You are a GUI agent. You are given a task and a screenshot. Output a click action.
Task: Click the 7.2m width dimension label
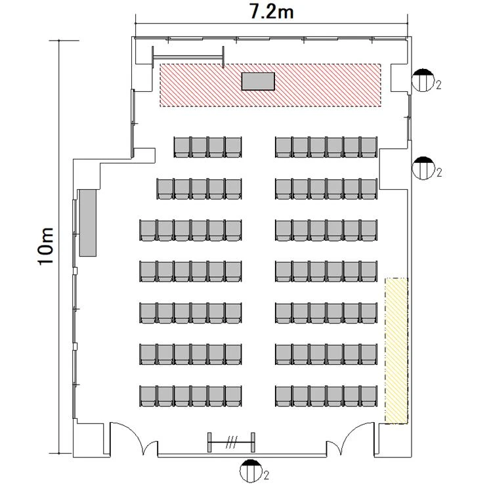click(x=272, y=12)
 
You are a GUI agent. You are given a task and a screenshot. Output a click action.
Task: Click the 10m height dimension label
click(x=46, y=247)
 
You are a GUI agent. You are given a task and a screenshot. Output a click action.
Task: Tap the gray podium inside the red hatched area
click(x=258, y=81)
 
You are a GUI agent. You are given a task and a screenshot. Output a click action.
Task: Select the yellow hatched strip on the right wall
click(x=396, y=351)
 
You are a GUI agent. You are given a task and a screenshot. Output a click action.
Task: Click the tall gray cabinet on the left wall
click(x=88, y=223)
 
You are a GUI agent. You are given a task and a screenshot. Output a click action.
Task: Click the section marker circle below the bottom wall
click(x=251, y=471)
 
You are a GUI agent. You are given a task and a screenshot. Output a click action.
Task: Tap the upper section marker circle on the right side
click(x=423, y=80)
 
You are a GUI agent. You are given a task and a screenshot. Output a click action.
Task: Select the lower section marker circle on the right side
click(x=423, y=168)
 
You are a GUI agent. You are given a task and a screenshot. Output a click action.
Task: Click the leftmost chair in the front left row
click(x=182, y=147)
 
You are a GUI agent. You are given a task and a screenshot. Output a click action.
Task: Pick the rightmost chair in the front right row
click(x=369, y=147)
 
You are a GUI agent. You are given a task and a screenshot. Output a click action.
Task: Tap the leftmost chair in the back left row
click(x=148, y=396)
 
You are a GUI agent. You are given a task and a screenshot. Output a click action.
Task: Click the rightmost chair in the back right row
click(x=369, y=396)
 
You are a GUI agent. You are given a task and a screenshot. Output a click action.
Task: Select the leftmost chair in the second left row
click(x=165, y=189)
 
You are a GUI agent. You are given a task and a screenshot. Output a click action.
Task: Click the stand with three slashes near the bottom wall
click(x=231, y=442)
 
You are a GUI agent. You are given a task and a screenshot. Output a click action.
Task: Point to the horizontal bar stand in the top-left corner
click(x=188, y=56)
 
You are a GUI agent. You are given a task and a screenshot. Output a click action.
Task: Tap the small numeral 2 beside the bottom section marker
click(x=266, y=475)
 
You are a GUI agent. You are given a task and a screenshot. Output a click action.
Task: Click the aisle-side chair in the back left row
click(x=233, y=396)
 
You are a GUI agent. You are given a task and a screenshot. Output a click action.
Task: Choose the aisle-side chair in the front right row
click(x=284, y=147)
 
